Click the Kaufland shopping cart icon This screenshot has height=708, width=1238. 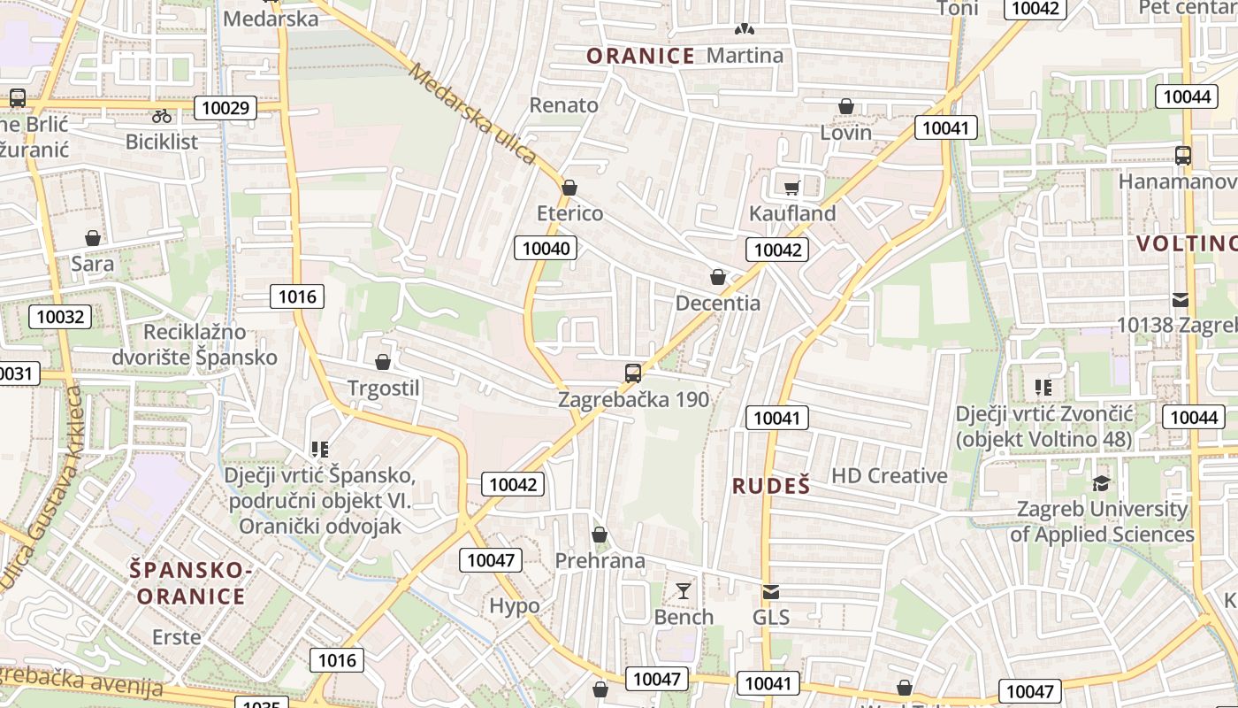tap(791, 187)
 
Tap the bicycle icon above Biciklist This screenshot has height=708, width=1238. tap(162, 115)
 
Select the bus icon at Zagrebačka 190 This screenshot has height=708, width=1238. tap(633, 373)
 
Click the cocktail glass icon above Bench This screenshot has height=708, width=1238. tap(684, 590)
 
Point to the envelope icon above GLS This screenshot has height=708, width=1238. tap(771, 591)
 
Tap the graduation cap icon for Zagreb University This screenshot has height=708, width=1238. tap(1102, 483)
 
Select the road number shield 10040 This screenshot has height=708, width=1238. tap(546, 248)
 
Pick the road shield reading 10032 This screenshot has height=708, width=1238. tap(60, 316)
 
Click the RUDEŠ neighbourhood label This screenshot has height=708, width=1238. tap(771, 485)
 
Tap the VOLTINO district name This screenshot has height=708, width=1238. tap(1186, 243)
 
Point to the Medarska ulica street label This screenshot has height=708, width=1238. tap(472, 112)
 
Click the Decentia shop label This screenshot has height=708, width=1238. tap(717, 303)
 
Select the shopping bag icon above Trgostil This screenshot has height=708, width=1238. tap(383, 362)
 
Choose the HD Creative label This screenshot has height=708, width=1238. tap(889, 475)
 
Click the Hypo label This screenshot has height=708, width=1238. tap(515, 605)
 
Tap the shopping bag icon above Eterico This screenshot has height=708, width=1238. tap(569, 188)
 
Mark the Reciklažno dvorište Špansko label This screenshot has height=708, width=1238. tap(195, 344)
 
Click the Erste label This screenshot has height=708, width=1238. tap(177, 636)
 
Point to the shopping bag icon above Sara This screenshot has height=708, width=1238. tap(93, 238)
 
